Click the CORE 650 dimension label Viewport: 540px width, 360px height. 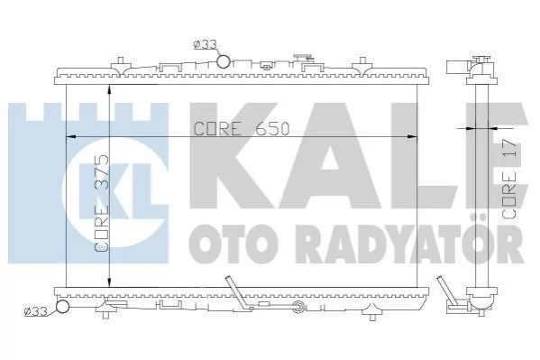pyautogui.click(x=242, y=129)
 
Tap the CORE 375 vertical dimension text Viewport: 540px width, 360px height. pyautogui.click(x=102, y=203)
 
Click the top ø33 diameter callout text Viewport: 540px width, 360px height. pyautogui.click(x=206, y=44)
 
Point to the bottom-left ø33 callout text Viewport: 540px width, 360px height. pyautogui.click(x=36, y=311)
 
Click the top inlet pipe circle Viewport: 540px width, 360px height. pyautogui.click(x=224, y=62)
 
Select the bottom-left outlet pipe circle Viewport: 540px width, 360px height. pyautogui.click(x=63, y=306)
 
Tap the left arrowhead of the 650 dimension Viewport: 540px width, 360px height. pyautogui.click(x=71, y=137)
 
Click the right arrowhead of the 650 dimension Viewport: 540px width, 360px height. pyautogui.click(x=412, y=137)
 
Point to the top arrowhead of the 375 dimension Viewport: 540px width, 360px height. pyautogui.click(x=109, y=89)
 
